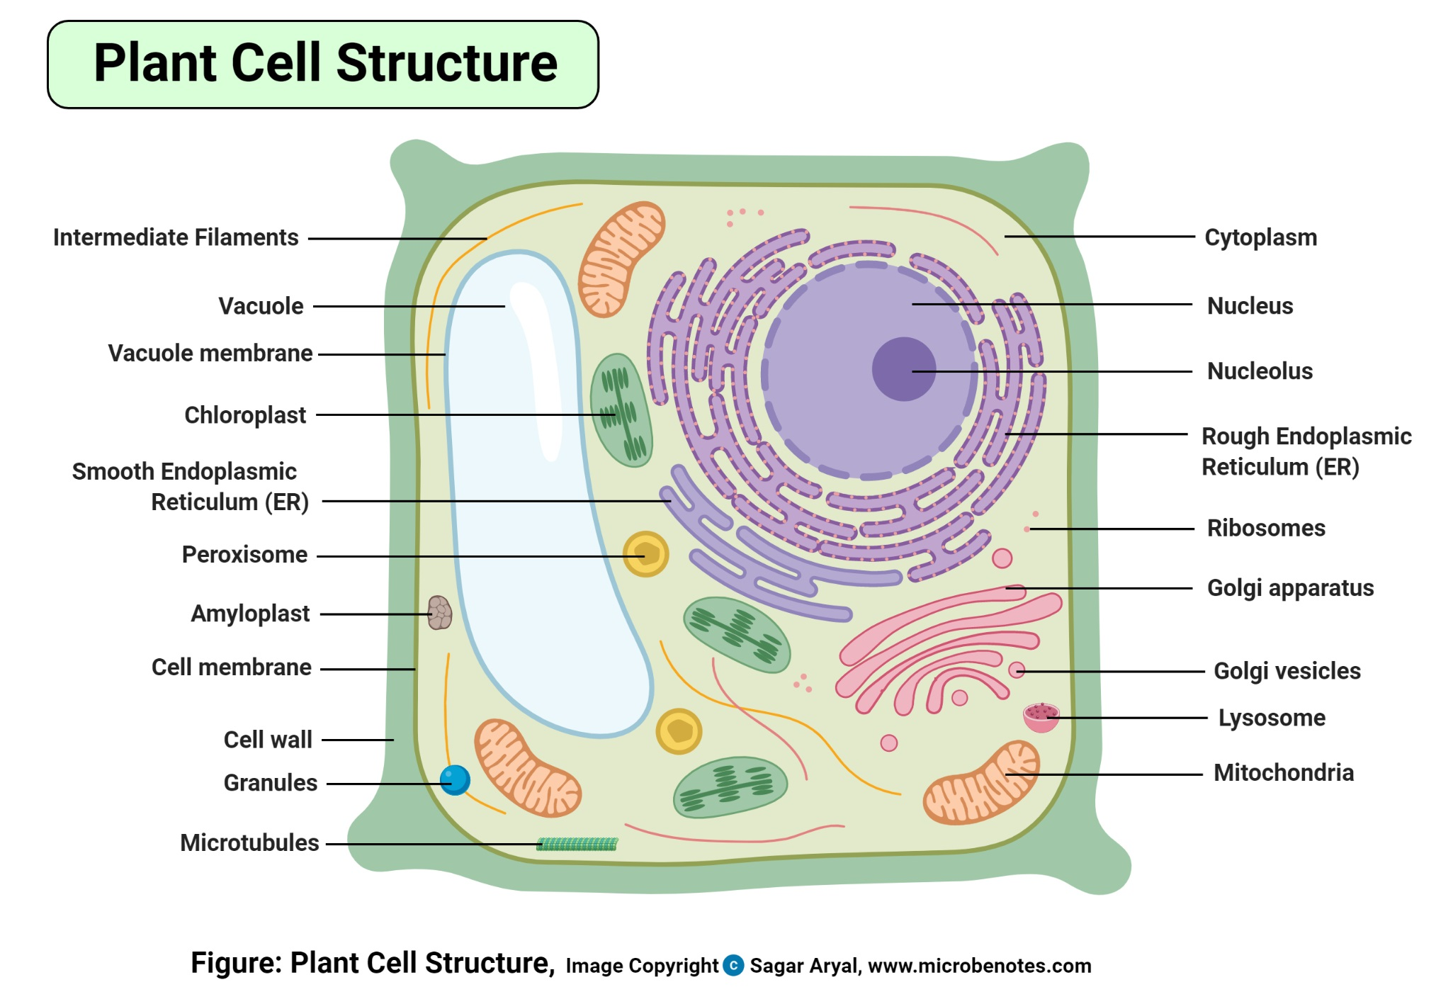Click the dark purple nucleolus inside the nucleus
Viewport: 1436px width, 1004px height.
click(903, 368)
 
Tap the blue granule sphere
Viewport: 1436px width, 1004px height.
click(454, 780)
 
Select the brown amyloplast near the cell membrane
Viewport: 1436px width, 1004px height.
click(439, 612)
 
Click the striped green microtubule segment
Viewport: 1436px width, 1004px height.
click(577, 844)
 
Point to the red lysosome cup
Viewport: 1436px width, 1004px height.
click(1040, 716)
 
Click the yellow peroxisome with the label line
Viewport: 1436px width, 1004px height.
click(645, 554)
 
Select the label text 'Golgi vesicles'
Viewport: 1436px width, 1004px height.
click(1287, 670)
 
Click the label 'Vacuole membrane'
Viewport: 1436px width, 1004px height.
click(210, 353)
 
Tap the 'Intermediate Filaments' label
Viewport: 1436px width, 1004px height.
click(176, 237)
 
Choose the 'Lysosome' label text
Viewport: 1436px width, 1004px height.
click(1271, 718)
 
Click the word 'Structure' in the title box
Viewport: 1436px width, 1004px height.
click(446, 63)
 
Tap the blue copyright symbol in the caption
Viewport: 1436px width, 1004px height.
click(733, 965)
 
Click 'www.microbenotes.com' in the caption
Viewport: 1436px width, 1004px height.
click(979, 966)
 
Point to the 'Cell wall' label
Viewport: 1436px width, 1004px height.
click(267, 740)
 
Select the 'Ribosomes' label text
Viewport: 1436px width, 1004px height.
click(1265, 528)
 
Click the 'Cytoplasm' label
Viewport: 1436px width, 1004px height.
click(1260, 237)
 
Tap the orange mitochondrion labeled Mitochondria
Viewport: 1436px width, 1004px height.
click(981, 784)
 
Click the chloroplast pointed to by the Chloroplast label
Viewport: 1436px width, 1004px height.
click(621, 411)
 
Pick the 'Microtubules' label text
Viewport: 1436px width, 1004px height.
click(249, 842)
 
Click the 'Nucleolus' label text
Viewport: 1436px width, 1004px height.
click(1259, 371)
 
